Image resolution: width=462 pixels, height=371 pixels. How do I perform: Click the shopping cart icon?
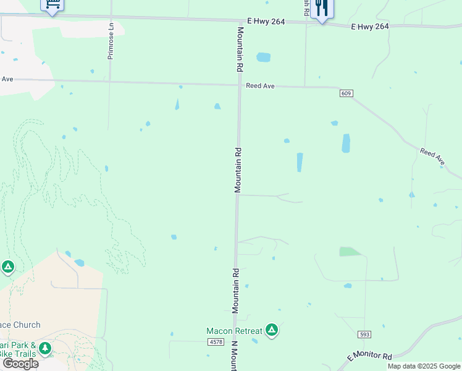52,6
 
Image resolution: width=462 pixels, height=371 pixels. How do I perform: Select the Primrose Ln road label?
111,41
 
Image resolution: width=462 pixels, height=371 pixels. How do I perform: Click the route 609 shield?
346,93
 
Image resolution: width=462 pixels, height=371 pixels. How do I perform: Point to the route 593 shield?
364,334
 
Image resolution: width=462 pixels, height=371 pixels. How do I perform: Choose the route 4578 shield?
216,342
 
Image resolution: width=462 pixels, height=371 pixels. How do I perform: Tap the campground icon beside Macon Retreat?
271,330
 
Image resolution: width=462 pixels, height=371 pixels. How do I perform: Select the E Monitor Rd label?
369,357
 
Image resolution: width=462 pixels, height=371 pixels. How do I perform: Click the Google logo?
20,364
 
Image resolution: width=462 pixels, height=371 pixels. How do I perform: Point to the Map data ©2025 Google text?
424,366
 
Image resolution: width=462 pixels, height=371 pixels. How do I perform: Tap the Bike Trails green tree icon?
44,349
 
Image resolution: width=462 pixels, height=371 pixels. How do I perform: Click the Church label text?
20,325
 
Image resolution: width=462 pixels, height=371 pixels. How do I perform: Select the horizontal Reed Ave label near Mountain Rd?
260,86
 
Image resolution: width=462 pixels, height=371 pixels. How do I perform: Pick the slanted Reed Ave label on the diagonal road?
432,156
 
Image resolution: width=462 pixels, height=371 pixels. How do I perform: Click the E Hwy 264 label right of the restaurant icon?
370,27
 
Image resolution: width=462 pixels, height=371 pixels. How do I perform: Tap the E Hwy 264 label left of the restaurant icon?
266,22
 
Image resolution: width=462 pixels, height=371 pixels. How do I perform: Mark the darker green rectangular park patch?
350,251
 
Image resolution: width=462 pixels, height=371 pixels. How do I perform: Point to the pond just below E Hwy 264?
263,58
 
